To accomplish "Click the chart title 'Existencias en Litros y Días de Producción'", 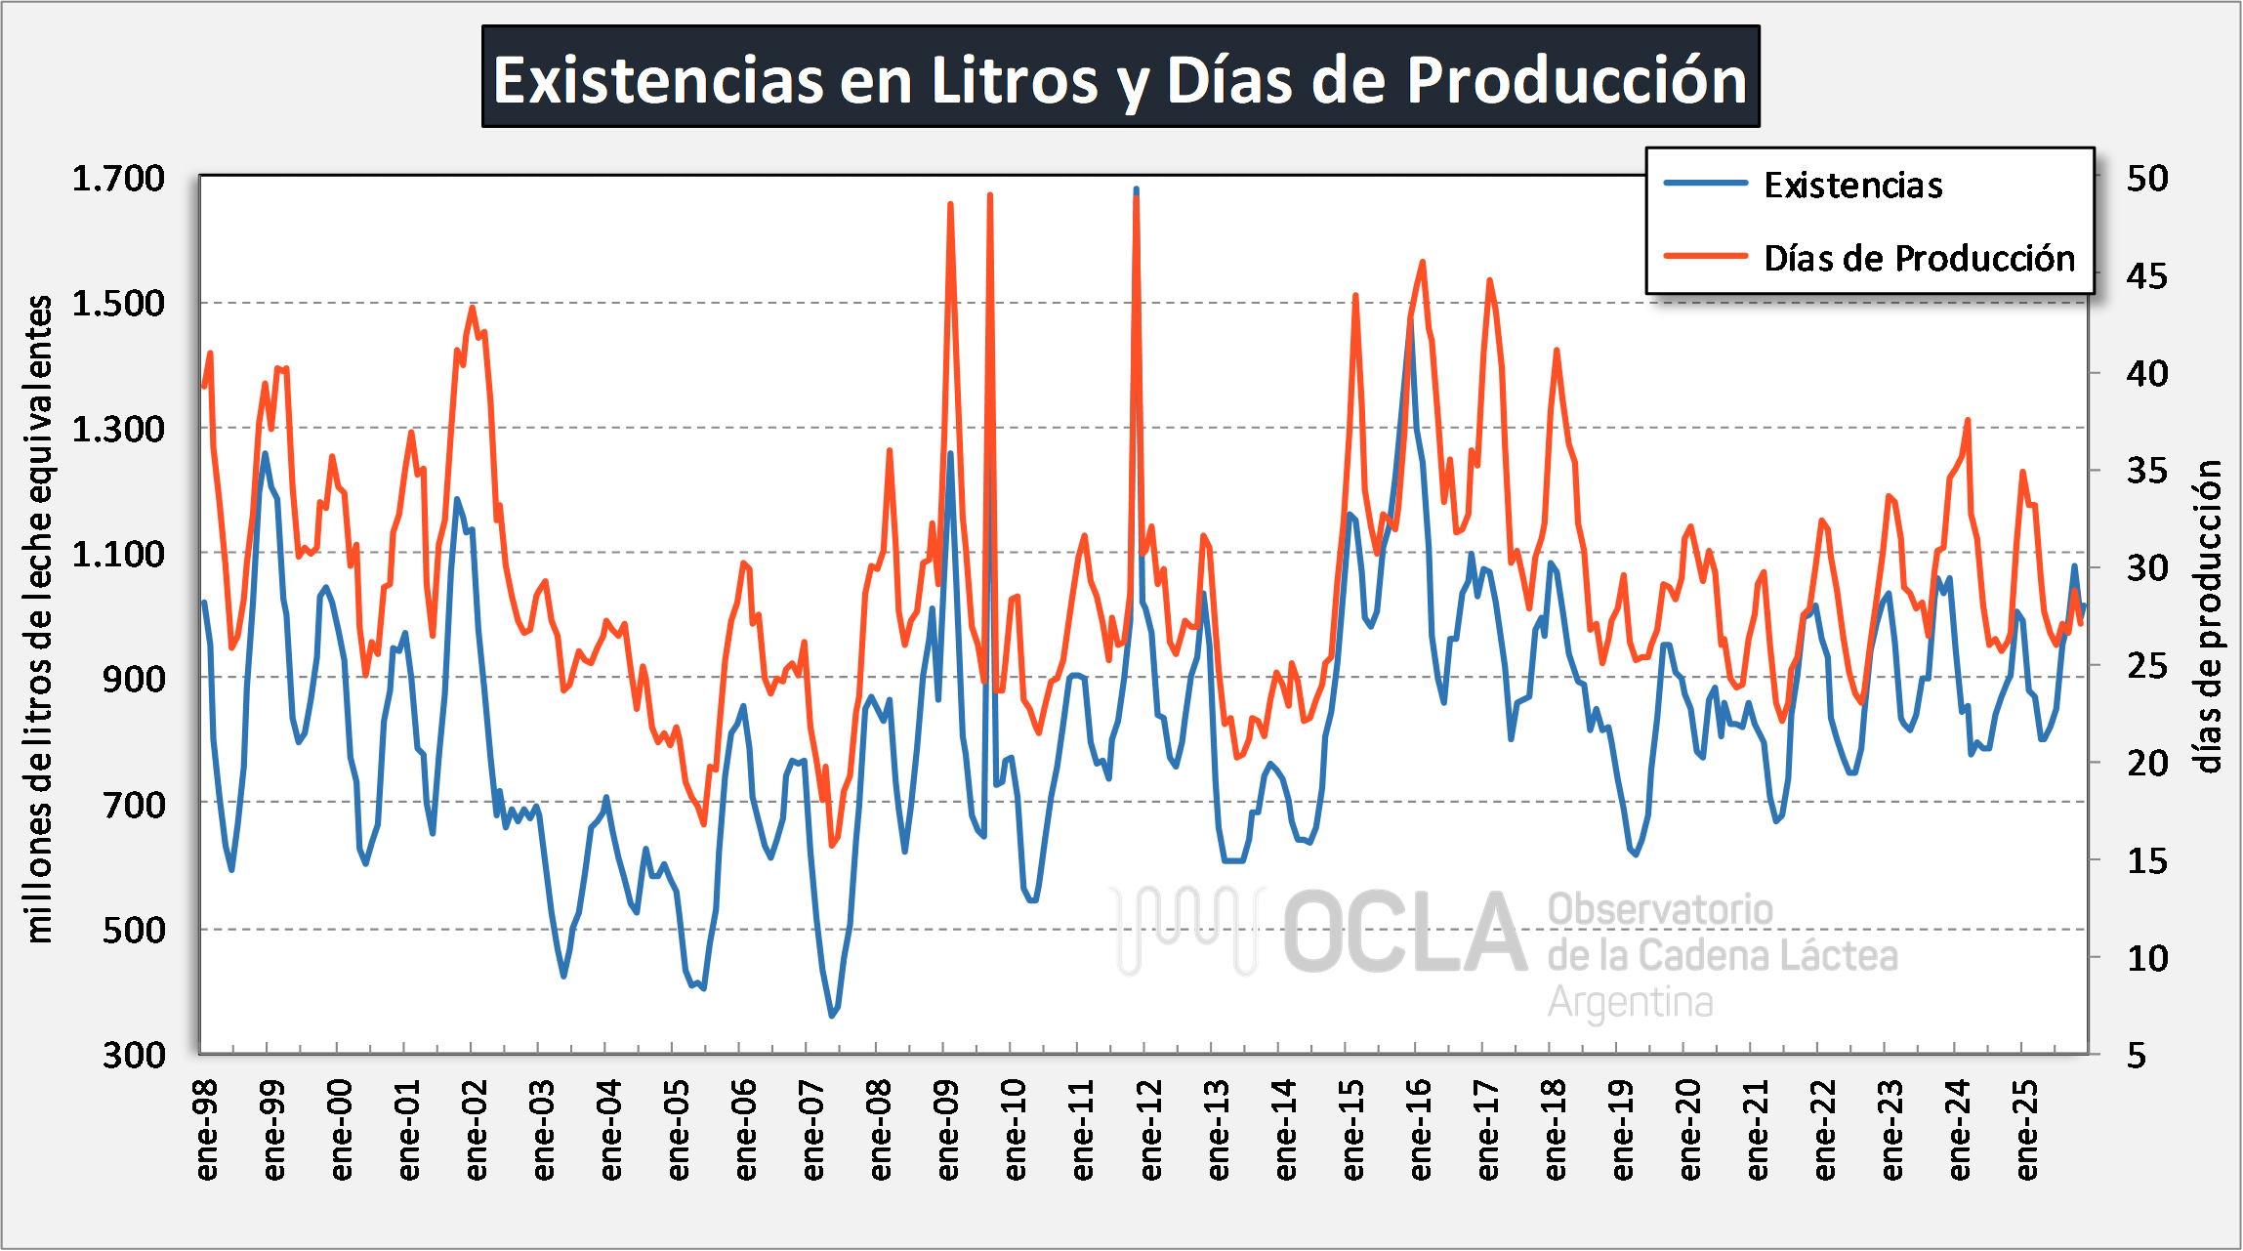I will [1120, 78].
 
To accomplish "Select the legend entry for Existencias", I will [1852, 185].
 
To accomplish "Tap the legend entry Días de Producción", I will [1919, 259].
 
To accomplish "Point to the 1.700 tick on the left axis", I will [118, 179].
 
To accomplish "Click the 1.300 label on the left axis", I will [118, 429].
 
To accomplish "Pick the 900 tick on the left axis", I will [134, 679].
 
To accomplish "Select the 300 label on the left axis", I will [134, 1055].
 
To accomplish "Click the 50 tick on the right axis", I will [2147, 179].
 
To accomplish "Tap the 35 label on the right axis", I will [2147, 471].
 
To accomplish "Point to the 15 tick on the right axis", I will [2147, 860].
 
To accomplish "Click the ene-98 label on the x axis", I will [207, 1129].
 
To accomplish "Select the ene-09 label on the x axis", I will [948, 1129].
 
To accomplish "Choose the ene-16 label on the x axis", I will [1421, 1129].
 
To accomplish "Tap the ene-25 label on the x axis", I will [2027, 1129].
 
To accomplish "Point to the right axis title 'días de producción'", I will [2209, 616].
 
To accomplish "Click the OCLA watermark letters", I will [1404, 933].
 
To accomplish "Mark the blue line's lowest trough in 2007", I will [832, 1016].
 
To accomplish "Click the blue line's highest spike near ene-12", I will [1136, 189].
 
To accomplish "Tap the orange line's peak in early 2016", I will [1422, 262].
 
